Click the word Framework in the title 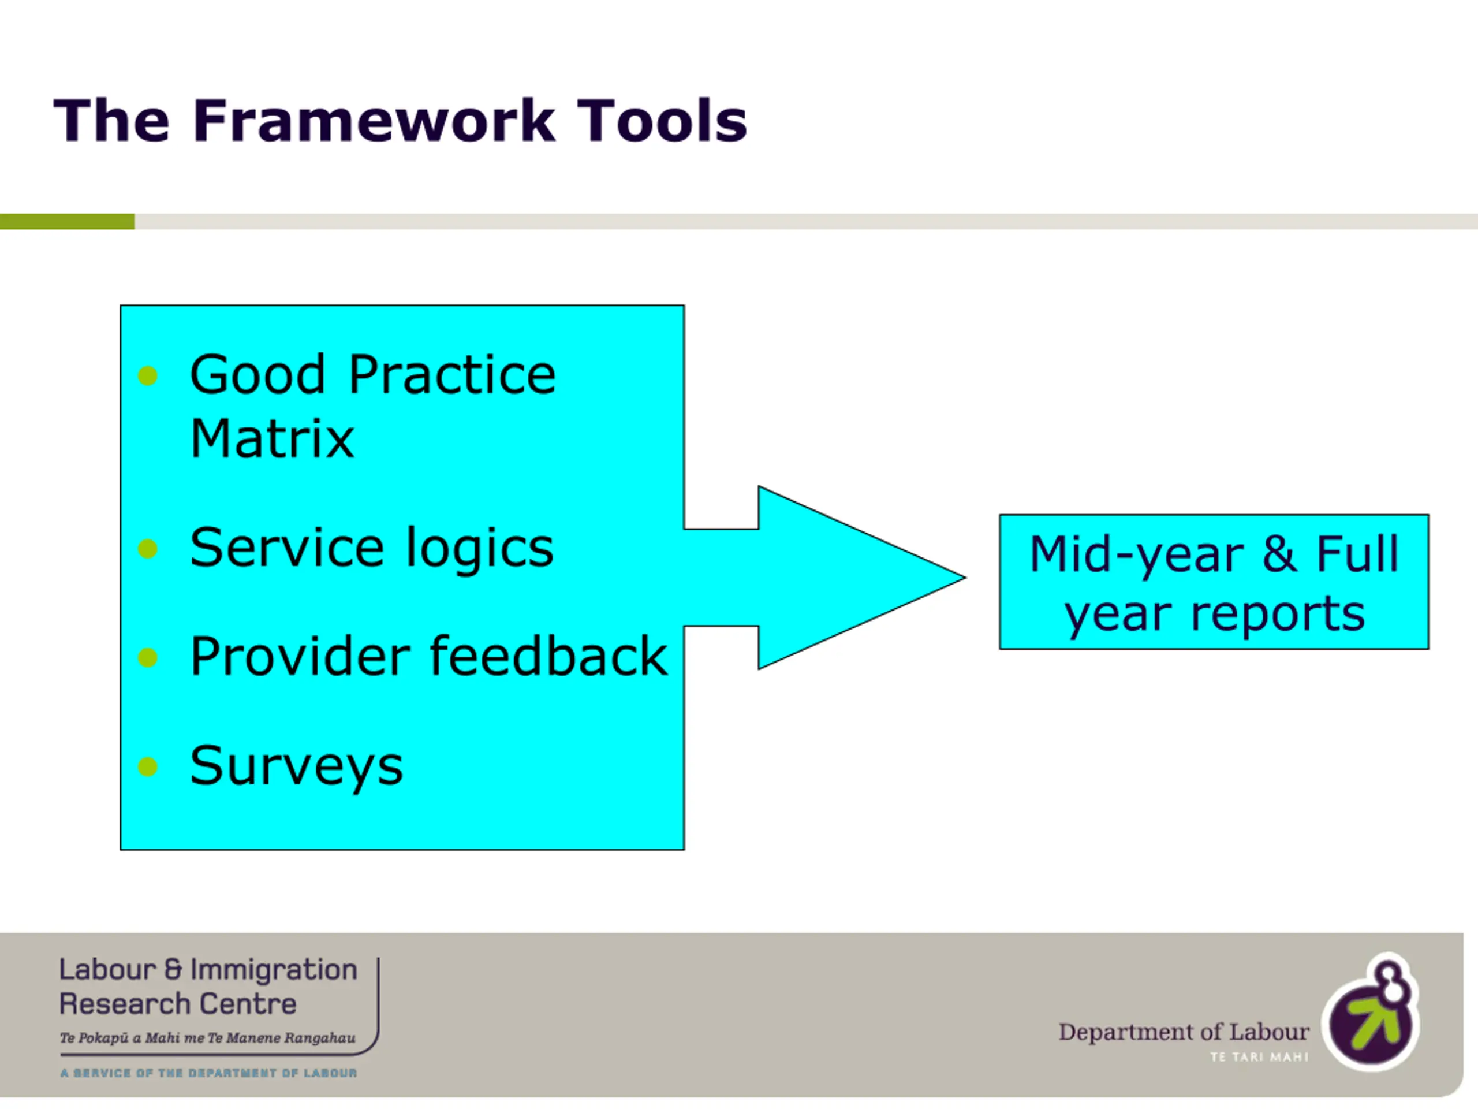374,121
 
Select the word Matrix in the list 272,438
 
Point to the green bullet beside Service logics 148,549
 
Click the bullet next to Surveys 148,766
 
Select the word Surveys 297,766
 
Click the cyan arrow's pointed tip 965,578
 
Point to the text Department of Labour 1184,1032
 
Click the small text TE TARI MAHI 1259,1057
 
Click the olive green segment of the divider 67,221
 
